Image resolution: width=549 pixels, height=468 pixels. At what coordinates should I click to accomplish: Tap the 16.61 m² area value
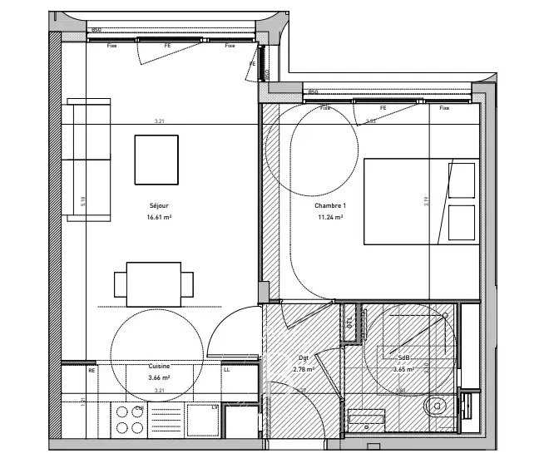pyautogui.click(x=159, y=216)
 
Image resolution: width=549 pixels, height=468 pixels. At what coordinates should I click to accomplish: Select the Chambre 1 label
pyautogui.click(x=330, y=205)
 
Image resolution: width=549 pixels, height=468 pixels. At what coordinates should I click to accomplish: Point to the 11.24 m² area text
pyautogui.click(x=330, y=216)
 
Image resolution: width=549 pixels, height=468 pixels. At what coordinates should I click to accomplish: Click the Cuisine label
pyautogui.click(x=159, y=367)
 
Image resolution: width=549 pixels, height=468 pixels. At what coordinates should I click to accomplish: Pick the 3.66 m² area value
pyautogui.click(x=159, y=377)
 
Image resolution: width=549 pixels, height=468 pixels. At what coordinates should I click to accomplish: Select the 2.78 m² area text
pyautogui.click(x=303, y=369)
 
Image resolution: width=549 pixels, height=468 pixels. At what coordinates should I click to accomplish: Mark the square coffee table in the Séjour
pyautogui.click(x=156, y=160)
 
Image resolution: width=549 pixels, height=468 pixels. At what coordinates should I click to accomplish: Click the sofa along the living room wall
pyautogui.click(x=87, y=160)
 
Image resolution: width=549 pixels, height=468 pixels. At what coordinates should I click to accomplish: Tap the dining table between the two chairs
pyautogui.click(x=154, y=284)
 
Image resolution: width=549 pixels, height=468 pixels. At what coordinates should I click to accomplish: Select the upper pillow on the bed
pyautogui.click(x=461, y=180)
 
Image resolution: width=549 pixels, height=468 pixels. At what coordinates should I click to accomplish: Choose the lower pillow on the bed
pyautogui.click(x=461, y=222)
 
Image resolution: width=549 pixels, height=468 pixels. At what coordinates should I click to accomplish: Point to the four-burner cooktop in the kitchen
pyautogui.click(x=128, y=420)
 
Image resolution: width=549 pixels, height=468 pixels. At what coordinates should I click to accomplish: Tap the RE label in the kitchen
pyautogui.click(x=91, y=370)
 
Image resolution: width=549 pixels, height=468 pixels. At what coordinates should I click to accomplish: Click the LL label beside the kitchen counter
pyautogui.click(x=226, y=370)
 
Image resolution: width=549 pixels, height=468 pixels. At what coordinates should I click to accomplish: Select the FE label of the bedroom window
pyautogui.click(x=383, y=108)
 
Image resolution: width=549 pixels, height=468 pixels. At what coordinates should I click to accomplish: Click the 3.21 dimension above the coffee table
pyautogui.click(x=159, y=121)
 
